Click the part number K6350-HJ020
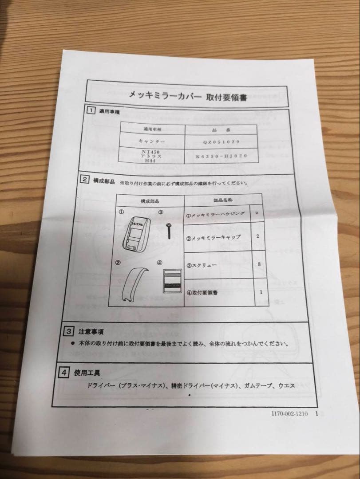[x=222, y=157]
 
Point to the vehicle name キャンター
[x=151, y=141]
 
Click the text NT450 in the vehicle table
[x=150, y=151]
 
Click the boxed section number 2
[x=84, y=180]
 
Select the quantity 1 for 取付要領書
[x=261, y=292]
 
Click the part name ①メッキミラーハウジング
[x=216, y=214]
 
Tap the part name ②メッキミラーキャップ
[x=214, y=237]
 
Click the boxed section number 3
[x=69, y=331]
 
